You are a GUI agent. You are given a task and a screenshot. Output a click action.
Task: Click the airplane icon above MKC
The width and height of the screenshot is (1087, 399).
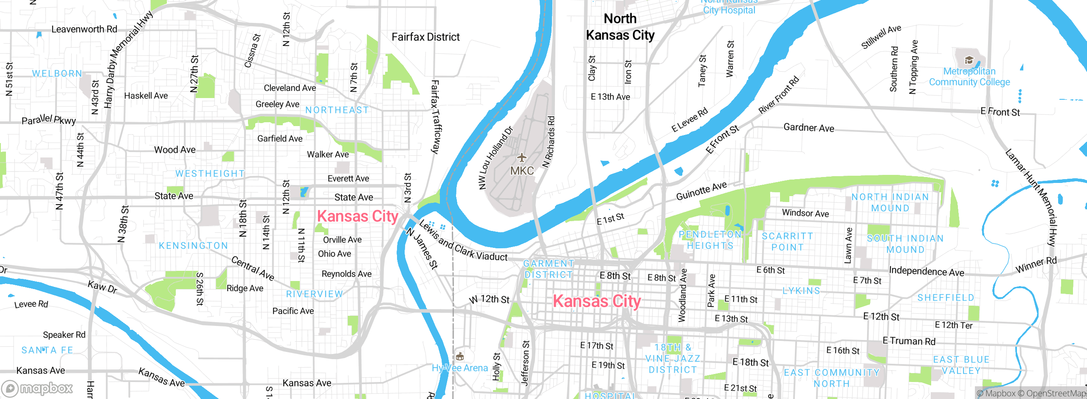coord(521,158)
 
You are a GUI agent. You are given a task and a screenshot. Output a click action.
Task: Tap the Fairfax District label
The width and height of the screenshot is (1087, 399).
coord(425,37)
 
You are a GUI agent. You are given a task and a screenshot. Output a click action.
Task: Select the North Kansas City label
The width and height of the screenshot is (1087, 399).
coord(620,27)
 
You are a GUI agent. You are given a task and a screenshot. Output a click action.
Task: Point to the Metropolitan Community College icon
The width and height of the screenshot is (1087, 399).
coord(969,60)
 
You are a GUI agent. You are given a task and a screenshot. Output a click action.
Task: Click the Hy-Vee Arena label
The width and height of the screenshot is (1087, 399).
coord(460,368)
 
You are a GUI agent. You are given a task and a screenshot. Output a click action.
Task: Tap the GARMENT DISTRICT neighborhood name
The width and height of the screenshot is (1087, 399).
coord(548,269)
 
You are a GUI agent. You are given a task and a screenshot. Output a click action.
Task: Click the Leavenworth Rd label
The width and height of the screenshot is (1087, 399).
coord(84,29)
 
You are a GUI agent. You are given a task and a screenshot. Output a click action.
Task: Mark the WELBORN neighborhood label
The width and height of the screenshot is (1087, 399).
coord(57,73)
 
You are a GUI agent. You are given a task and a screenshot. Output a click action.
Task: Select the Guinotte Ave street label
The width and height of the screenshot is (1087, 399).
coord(701,191)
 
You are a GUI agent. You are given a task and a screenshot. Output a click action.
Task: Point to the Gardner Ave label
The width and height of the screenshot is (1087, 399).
coord(808,127)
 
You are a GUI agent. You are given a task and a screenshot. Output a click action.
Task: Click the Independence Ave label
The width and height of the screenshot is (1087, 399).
coord(926,271)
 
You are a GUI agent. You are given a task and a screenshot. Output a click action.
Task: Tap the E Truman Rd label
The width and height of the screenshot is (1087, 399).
coord(909,341)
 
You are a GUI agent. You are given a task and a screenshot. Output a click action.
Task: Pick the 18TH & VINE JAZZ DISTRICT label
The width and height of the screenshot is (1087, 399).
coord(673,359)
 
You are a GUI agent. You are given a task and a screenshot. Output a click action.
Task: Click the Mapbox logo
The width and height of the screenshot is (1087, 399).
coord(37,388)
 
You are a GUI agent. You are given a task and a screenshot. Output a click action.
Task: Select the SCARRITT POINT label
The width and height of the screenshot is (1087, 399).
coord(787,242)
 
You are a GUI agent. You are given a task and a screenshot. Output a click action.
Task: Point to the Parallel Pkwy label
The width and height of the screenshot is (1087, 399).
coord(49,120)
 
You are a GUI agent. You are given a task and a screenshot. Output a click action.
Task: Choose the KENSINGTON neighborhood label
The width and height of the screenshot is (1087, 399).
coord(193,245)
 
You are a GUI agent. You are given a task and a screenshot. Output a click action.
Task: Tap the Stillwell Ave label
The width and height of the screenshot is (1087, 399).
coord(881,37)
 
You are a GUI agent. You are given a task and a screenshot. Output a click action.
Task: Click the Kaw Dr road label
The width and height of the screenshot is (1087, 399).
coord(102,287)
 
